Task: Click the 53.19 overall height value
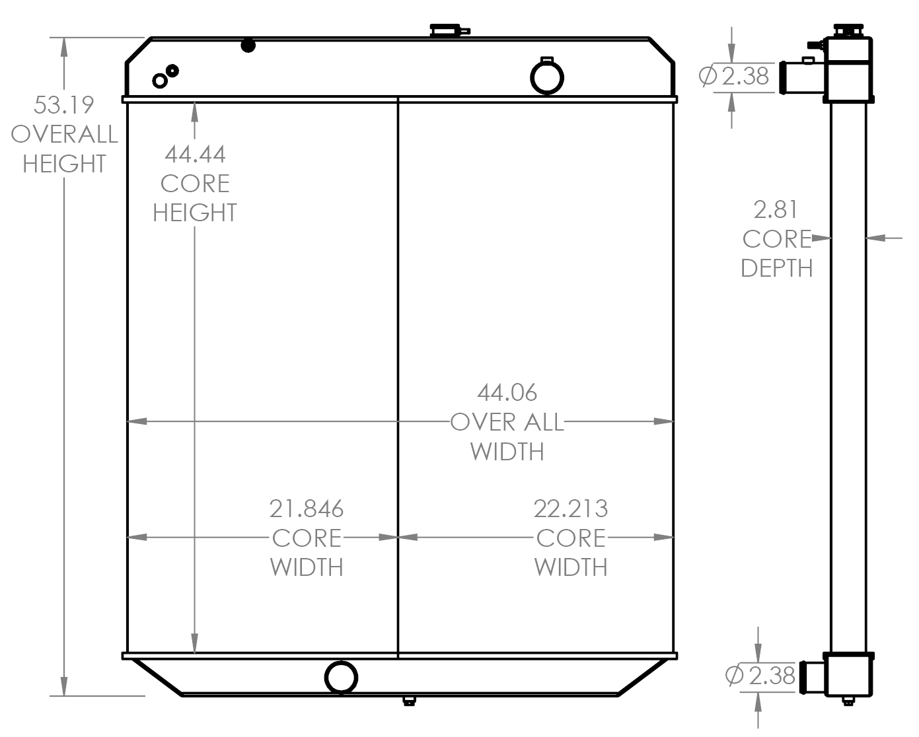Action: (64, 105)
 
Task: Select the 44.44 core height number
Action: (195, 154)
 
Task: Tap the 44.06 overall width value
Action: (507, 393)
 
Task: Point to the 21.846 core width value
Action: (307, 509)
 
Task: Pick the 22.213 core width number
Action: (571, 509)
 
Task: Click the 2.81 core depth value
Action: (776, 210)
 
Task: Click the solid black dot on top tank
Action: (248, 46)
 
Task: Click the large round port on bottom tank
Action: (341, 677)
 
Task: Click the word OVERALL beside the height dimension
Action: (64, 134)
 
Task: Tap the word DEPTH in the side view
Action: (776, 268)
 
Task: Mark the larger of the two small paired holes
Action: (159, 81)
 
